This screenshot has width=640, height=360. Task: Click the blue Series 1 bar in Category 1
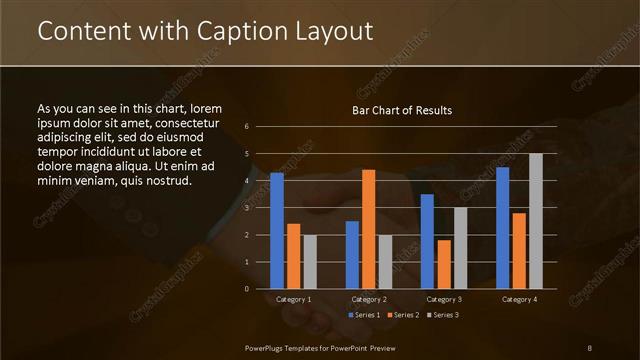pos(277,231)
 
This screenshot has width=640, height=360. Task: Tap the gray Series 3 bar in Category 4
pos(535,221)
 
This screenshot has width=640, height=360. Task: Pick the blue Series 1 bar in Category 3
pos(427,241)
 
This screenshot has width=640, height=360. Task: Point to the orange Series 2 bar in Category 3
pos(443,264)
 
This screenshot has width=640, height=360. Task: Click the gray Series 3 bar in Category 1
pos(309,262)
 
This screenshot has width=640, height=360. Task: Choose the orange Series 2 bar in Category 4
pos(518,250)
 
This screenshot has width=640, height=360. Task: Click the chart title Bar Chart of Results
pos(402,110)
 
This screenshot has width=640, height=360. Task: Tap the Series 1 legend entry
pos(367,315)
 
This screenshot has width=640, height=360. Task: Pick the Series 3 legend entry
pos(443,315)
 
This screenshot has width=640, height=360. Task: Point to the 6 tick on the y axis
pos(246,127)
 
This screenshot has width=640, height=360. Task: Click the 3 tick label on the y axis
pos(246,208)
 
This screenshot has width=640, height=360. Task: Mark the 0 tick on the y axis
pos(246,289)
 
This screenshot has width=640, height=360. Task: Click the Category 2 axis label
pos(368,300)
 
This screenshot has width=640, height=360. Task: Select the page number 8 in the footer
pos(590,347)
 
